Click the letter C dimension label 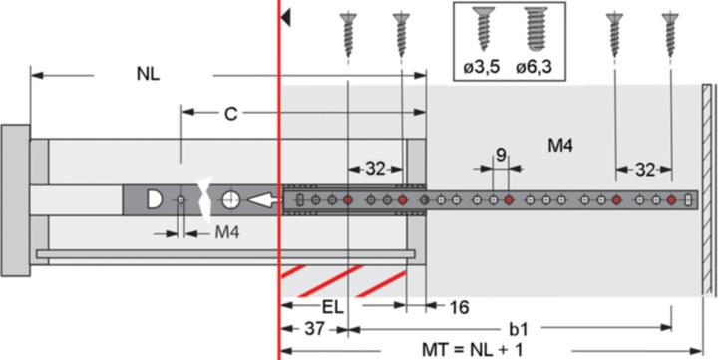click(230, 115)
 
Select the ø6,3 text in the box click(537, 68)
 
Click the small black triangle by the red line click(286, 17)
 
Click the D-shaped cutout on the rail click(156, 199)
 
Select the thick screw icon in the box click(537, 29)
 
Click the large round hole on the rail click(230, 199)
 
